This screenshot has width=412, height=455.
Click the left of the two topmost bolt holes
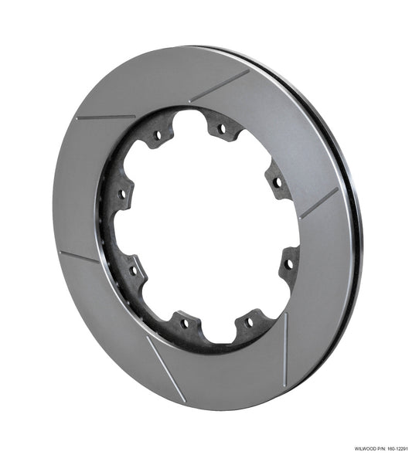pyautogui.click(x=158, y=135)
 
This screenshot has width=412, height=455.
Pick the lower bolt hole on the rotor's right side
pyautogui.click(x=289, y=264)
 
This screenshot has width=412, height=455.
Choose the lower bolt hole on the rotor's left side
pyautogui.click(x=133, y=270)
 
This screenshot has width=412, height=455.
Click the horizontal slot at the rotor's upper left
pyautogui.click(x=106, y=117)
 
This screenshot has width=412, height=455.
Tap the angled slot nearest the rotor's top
pyautogui.click(x=220, y=85)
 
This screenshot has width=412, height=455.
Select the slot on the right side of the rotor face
pyautogui.click(x=318, y=203)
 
